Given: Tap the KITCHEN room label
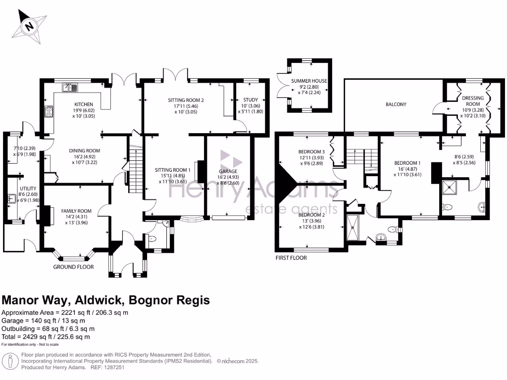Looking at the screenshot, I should [84, 104].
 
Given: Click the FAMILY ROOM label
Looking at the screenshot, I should [77, 211].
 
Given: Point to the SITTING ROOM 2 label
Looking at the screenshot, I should [186, 100].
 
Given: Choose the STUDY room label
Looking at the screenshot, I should [251, 99].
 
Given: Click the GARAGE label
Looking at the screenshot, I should [228, 171].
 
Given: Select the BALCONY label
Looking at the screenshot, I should [396, 104].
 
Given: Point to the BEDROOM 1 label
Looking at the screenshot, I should [407, 163].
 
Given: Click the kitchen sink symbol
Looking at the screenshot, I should [70, 88].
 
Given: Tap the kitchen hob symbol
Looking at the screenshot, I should [49, 112].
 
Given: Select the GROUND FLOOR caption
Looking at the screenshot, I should [74, 267].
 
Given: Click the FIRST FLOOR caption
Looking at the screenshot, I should [292, 258].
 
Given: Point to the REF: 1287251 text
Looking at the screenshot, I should [106, 368].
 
